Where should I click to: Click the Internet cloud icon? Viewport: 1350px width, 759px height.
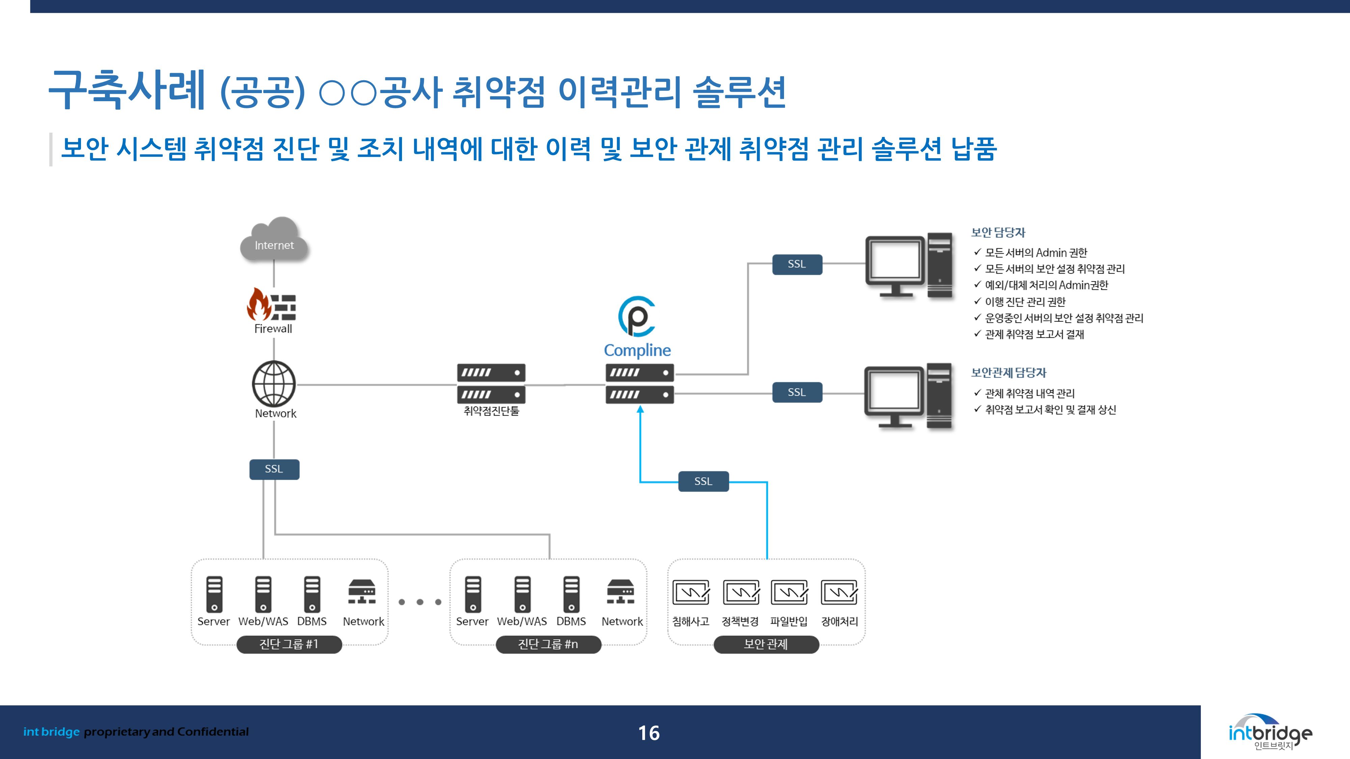tap(274, 240)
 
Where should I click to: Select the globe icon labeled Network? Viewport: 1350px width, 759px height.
tap(274, 384)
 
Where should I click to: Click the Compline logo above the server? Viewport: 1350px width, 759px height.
tap(637, 316)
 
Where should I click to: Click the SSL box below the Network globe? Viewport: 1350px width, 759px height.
tap(274, 469)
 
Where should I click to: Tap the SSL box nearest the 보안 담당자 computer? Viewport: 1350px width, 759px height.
tap(796, 264)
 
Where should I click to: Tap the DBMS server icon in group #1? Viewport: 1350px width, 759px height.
tap(312, 594)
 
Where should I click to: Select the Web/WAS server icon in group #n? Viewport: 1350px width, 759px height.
tap(522, 594)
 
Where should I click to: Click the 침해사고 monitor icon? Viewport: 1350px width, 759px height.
tap(691, 592)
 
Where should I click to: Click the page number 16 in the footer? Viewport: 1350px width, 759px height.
tap(649, 733)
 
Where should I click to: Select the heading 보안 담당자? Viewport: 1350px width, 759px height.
tap(998, 232)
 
